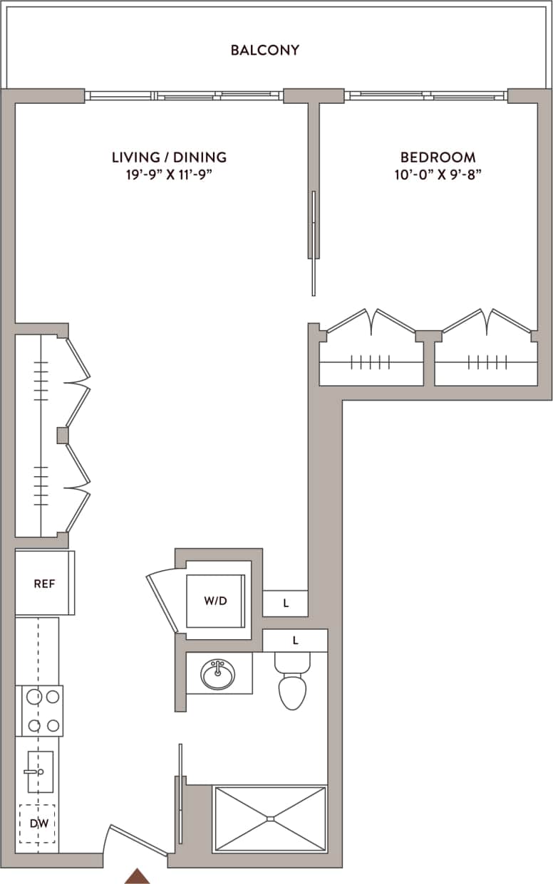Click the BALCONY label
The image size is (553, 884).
click(x=264, y=51)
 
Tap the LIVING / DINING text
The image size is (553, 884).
click(x=169, y=157)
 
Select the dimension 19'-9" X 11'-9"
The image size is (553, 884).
click(x=169, y=174)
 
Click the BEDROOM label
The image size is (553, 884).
click(x=438, y=157)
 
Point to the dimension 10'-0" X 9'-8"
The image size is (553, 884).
click(x=438, y=174)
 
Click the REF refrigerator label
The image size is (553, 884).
click(x=44, y=584)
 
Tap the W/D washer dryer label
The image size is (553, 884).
click(x=215, y=601)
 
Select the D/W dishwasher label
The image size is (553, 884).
click(x=38, y=824)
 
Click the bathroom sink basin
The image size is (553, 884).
click(x=218, y=673)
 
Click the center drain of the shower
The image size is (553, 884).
click(x=270, y=819)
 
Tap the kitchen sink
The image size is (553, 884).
click(x=40, y=772)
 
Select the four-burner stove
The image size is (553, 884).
click(x=40, y=710)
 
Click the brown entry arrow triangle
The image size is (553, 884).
click(x=138, y=876)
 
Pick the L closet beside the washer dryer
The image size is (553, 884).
click(x=286, y=604)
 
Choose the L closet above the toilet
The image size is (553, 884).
click(x=295, y=641)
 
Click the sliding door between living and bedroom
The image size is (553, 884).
click(x=313, y=242)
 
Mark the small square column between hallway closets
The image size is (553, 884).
click(x=63, y=435)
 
